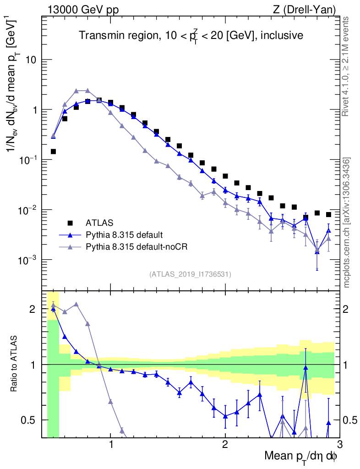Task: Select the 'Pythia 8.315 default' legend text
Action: tap(124, 235)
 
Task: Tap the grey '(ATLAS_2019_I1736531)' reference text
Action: tap(190, 274)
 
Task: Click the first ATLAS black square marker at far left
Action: tap(53, 151)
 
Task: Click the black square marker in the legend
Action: tap(70, 223)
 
